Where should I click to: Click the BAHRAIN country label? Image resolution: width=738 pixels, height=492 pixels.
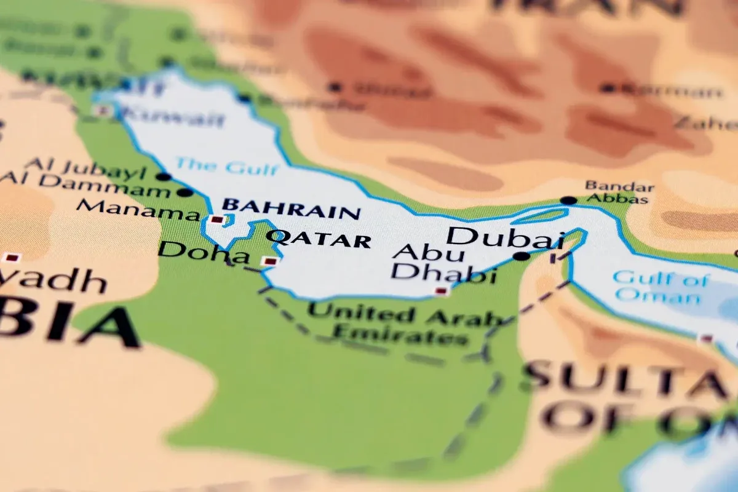(290, 208)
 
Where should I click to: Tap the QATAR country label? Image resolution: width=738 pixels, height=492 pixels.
(319, 239)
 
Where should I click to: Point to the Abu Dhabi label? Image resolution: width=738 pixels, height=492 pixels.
(443, 263)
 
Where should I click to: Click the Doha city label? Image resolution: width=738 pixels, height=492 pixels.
(195, 252)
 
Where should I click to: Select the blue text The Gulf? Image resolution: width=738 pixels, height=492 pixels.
(227, 167)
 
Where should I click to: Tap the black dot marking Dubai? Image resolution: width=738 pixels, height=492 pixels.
(522, 256)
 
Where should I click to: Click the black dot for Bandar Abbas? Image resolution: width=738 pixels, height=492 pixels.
(569, 200)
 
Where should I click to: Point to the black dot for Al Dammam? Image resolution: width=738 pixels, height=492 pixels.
(184, 192)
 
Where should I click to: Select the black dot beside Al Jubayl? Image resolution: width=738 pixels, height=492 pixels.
(163, 177)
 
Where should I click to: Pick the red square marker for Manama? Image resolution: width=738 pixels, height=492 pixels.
(216, 219)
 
